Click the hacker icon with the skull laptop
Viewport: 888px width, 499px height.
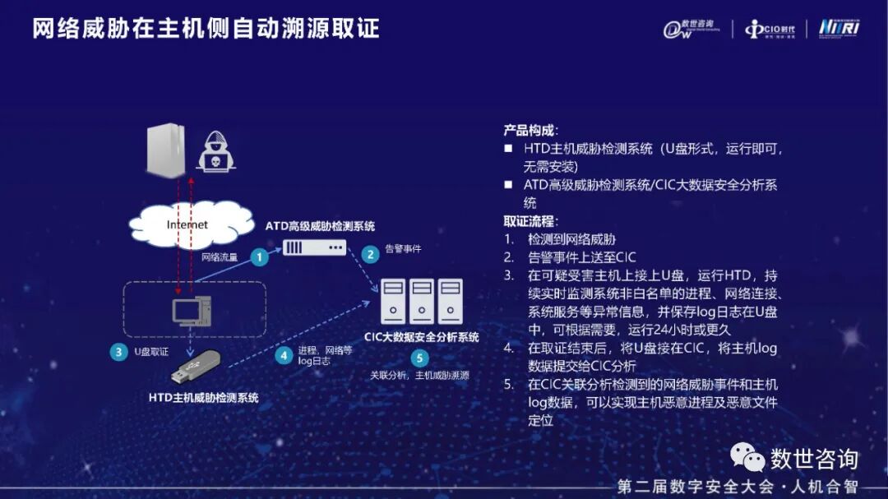215,150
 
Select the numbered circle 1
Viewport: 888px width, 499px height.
260,257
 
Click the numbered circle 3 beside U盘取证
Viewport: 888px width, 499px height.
118,351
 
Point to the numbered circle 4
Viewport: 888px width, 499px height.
284,354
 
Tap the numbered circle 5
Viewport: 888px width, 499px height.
419,358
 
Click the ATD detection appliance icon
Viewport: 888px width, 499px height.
314,246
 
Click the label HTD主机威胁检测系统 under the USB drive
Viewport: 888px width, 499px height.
204,398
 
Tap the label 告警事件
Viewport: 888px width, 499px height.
403,248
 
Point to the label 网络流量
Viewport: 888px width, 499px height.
220,257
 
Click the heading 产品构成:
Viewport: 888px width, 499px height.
530,131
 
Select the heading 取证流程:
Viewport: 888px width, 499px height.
530,221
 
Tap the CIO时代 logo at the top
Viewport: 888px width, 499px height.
770,29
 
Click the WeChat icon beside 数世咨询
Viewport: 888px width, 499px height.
747,456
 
